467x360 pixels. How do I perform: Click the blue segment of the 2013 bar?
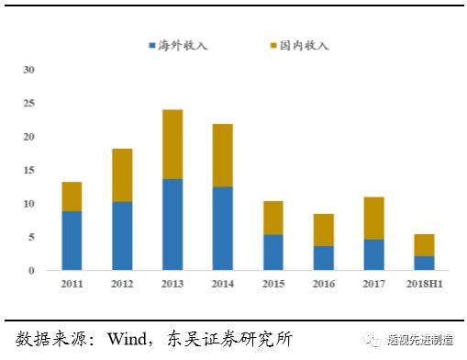click(172, 224)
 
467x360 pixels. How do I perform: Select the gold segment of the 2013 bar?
click(172, 144)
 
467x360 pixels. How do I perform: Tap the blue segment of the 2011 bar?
click(72, 241)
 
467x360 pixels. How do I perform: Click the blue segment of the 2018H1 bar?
click(423, 263)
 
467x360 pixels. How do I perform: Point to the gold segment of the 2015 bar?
click(272, 218)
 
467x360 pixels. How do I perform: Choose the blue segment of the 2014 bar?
click(222, 228)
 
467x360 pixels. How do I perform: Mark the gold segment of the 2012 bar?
click(121, 174)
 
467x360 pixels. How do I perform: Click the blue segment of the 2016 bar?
click(322, 257)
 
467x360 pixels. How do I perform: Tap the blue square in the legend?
click(153, 45)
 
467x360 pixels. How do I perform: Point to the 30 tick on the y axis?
click(28, 70)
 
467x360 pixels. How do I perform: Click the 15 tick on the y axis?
click(28, 170)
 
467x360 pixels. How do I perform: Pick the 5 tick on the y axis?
click(31, 237)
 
